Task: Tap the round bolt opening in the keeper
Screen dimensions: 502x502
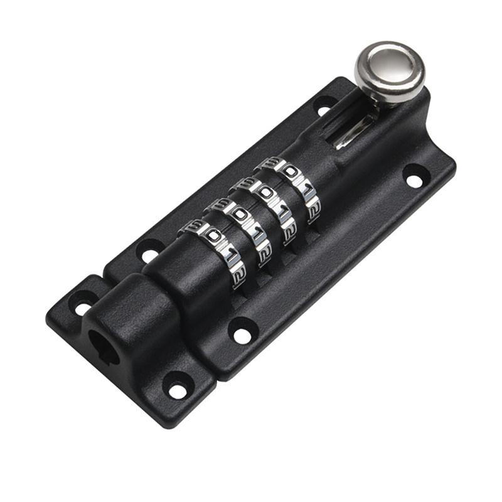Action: (x=103, y=348)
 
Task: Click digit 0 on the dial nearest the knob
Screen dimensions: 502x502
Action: (x=291, y=171)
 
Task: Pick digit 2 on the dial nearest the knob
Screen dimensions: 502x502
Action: (x=314, y=210)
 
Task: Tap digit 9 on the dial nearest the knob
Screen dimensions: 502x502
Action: (x=270, y=163)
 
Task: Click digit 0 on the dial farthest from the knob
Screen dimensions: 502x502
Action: (x=212, y=236)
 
